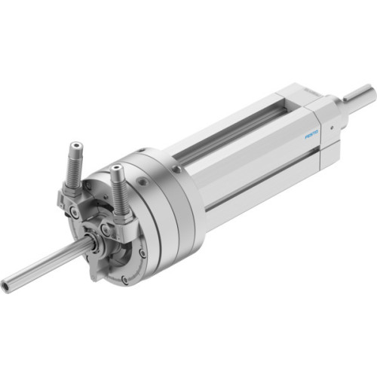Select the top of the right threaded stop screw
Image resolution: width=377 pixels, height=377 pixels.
coord(116,167)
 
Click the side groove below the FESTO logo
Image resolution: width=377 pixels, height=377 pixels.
coord(256,177)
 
